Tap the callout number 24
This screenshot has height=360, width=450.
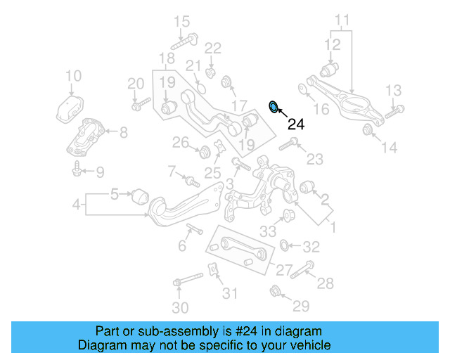pos(296,124)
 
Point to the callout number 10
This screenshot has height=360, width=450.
pos(73,76)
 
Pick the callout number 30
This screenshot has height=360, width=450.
pos(180,307)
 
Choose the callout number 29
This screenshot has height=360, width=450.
pos(301,305)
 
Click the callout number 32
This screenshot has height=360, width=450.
pos(311,247)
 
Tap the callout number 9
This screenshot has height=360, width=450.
pos(100,171)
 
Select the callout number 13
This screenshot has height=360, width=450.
pos(392,89)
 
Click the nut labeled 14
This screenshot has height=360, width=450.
pos(367,130)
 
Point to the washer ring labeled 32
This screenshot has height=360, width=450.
pos(285,245)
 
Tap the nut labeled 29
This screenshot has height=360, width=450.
pos(276,291)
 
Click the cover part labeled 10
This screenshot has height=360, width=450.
pos(70,108)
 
